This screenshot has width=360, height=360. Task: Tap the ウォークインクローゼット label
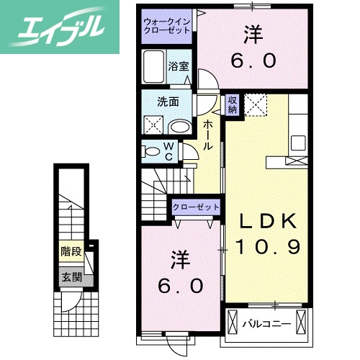(167, 27)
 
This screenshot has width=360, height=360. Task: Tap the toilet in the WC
(151, 152)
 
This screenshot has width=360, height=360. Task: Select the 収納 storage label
(233, 105)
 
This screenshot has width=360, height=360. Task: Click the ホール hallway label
(207, 135)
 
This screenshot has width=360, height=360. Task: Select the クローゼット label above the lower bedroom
(196, 207)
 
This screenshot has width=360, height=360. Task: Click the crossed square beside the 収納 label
(255, 105)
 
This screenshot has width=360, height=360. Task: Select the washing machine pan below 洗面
(153, 125)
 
